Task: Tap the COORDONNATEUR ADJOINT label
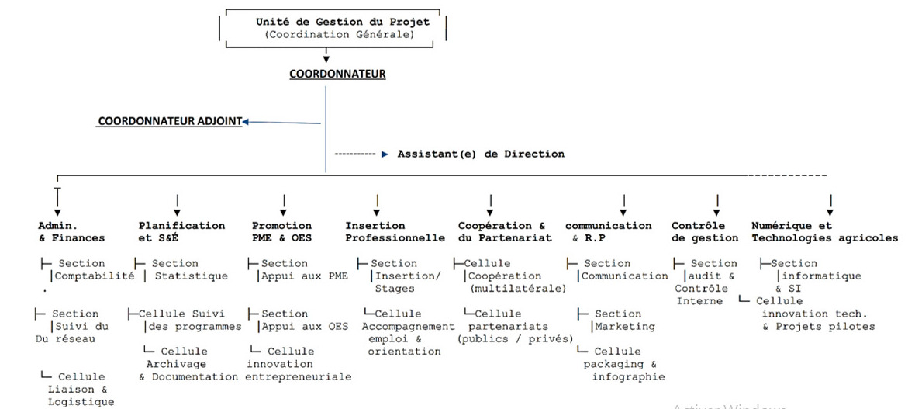click(168, 122)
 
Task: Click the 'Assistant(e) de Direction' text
click(481, 154)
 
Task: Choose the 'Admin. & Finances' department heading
click(71, 232)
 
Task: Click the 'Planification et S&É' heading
click(181, 232)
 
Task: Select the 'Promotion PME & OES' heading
click(282, 232)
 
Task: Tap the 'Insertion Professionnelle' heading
click(395, 232)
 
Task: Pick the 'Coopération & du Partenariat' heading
click(505, 232)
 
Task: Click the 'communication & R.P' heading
click(608, 232)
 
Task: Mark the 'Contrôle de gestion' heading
click(705, 232)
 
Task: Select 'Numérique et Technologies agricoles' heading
click(824, 232)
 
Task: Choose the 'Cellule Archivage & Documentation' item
click(188, 364)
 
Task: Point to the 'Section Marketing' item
click(617, 320)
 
